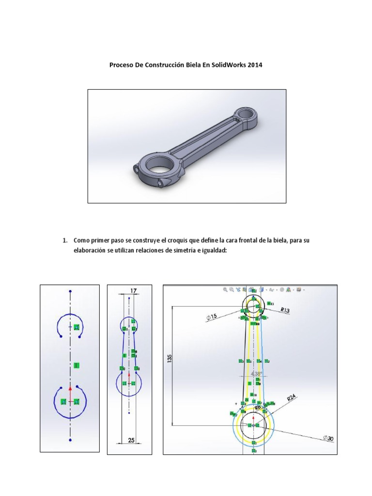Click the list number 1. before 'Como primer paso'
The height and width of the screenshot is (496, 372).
[64, 240]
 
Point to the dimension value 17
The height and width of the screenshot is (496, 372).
[134, 290]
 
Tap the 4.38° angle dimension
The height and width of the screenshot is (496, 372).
[256, 373]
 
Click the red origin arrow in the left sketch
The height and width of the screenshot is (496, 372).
[70, 387]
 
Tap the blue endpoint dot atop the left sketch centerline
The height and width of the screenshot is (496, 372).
[70, 292]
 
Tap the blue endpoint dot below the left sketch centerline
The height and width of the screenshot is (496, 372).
[70, 440]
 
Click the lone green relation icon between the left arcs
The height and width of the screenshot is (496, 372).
[77, 365]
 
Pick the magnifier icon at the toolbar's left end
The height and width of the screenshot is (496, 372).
[225, 290]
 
